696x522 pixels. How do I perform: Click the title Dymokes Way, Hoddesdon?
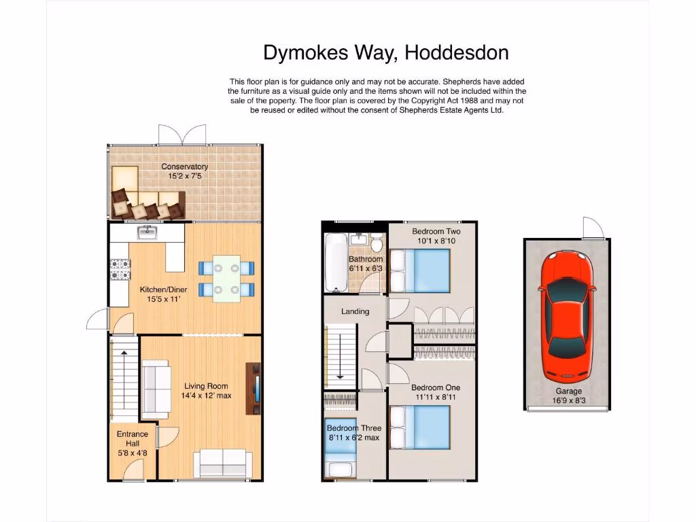pos(385,52)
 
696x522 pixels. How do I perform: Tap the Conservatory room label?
pos(184,167)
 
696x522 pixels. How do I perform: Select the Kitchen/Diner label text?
pos(163,290)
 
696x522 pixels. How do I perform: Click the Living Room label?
pos(206,386)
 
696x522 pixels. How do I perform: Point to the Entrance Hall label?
pos(133,438)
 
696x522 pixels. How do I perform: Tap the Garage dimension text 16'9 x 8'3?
pos(568,400)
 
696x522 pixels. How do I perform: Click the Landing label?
pos(355,311)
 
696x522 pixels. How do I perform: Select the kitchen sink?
pos(147,233)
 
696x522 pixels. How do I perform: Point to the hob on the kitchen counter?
pos(120,270)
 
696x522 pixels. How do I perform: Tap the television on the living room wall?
pos(256,389)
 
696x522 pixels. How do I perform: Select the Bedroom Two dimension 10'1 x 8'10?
pos(436,241)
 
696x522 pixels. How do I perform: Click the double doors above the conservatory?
pos(182,135)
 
